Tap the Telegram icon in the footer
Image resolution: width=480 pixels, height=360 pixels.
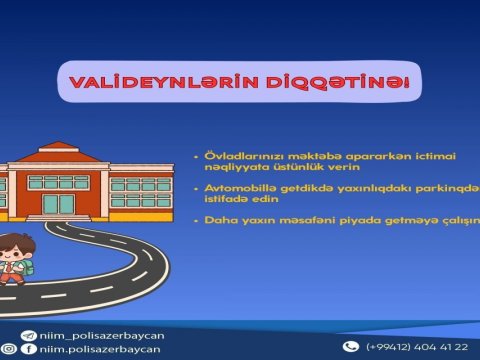[x=13, y=335]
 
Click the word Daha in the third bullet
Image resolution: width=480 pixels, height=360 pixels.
[x=220, y=219]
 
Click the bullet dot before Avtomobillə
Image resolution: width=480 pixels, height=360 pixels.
[x=197, y=187]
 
